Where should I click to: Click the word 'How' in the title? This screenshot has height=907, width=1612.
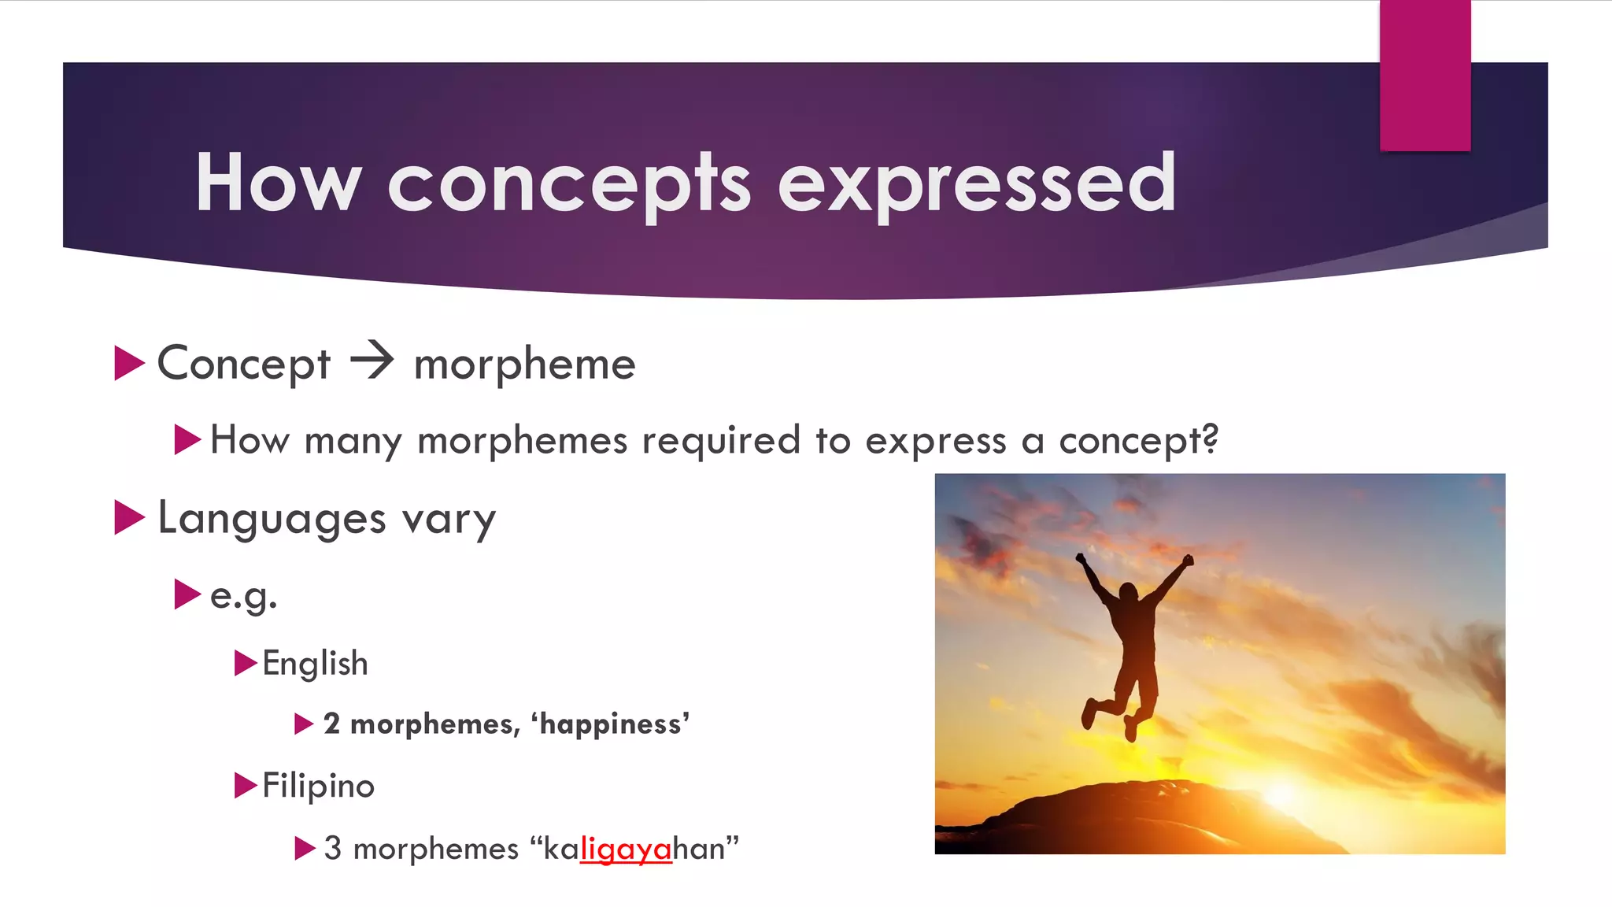click(277, 183)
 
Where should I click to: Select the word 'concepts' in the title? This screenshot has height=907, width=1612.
click(568, 184)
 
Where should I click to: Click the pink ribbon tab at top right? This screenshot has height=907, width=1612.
click(1425, 75)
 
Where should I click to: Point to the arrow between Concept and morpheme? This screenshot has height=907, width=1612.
click(372, 361)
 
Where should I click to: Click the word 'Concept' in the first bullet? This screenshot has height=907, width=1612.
click(243, 364)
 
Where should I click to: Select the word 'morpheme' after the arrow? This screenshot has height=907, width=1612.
click(524, 365)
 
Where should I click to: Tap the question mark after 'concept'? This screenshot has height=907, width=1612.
click(1210, 439)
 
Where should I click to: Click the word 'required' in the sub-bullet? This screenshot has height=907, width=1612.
click(720, 440)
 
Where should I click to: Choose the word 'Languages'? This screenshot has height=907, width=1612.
click(272, 519)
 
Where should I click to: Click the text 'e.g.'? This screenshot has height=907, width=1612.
click(243, 596)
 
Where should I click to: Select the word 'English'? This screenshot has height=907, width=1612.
click(315, 664)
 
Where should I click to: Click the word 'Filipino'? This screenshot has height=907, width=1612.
click(318, 786)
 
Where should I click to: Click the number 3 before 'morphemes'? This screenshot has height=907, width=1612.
click(332, 849)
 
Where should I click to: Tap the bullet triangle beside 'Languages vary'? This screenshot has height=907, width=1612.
click(129, 517)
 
